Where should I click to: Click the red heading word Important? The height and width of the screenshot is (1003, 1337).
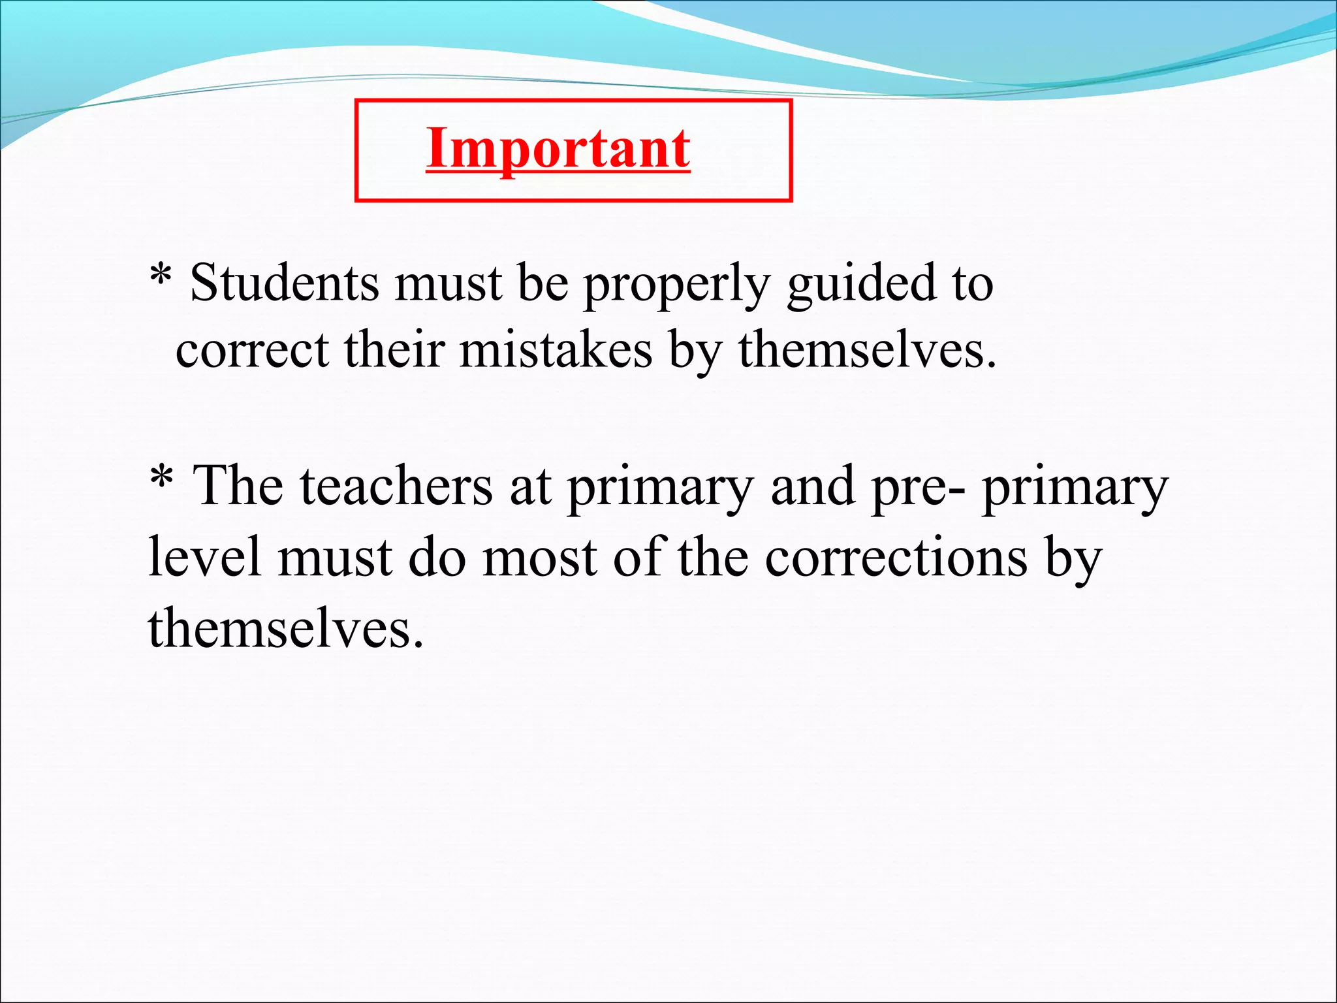point(558,149)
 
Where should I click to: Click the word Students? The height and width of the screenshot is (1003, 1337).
point(284,283)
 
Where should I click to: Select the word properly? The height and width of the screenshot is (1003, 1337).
point(676,286)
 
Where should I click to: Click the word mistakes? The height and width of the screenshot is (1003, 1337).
point(556,350)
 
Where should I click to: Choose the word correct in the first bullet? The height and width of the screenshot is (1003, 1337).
point(252,351)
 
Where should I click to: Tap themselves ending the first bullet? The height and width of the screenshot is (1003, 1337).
point(868,350)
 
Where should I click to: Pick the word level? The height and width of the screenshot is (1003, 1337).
point(204,556)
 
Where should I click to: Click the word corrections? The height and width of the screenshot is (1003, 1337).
point(896,558)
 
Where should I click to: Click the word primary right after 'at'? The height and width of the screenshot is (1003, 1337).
point(660,488)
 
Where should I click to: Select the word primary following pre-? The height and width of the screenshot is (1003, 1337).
point(1075,488)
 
